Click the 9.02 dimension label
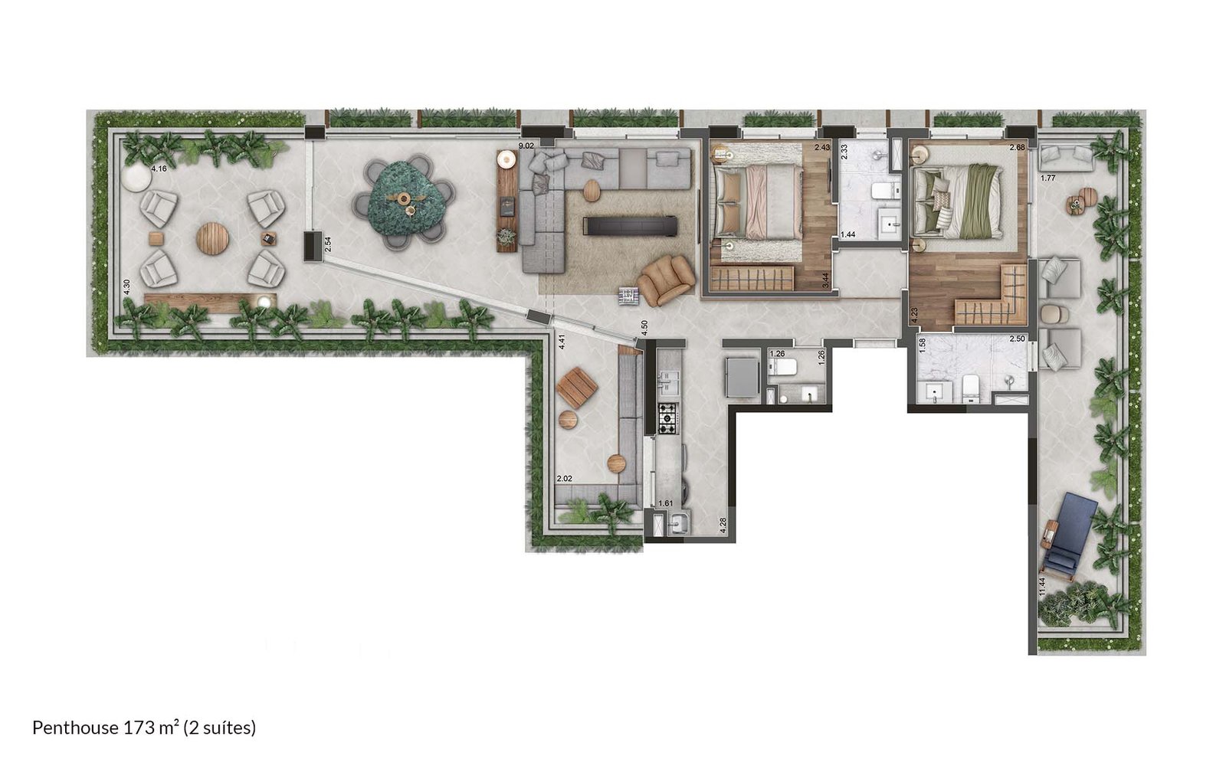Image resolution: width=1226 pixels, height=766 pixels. pyautogui.click(x=526, y=146)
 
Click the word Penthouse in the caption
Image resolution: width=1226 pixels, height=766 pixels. pyautogui.click(x=76, y=728)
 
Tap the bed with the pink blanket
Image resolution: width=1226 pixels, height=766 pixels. pyautogui.click(x=756, y=202)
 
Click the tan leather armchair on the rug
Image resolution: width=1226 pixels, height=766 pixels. pyautogui.click(x=666, y=280)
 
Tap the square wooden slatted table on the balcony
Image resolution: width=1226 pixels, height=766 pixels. pyautogui.click(x=577, y=388)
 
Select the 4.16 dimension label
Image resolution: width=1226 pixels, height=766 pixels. pyautogui.click(x=159, y=169)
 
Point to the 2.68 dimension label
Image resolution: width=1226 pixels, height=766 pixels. pyautogui.click(x=1017, y=148)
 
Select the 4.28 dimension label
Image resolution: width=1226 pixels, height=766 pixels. pyautogui.click(x=723, y=525)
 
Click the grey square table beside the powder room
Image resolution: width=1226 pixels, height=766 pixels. pyautogui.click(x=742, y=377)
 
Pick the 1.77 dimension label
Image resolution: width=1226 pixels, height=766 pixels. pyautogui.click(x=1047, y=178)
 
